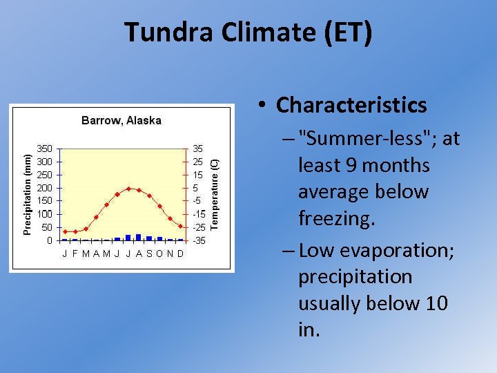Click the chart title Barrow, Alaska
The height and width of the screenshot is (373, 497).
coord(121,120)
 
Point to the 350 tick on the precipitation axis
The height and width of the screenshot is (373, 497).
coord(44,149)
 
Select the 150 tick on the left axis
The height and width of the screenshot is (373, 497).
coord(44,201)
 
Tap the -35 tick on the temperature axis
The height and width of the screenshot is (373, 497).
coord(199,241)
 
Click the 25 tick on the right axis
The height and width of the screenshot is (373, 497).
coord(198,162)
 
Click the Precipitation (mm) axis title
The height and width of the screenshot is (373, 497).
coord(27,194)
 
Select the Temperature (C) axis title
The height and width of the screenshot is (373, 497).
coord(215,193)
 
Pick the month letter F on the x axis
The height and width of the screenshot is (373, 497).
coord(75,254)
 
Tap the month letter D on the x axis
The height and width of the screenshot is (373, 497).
coord(180,254)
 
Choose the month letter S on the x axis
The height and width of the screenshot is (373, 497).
coord(149,254)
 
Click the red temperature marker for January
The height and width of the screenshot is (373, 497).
coord(65,231)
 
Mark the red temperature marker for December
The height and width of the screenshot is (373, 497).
coord(181,226)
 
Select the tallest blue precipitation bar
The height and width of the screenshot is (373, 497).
coord(139,237)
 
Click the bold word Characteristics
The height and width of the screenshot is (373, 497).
coord(351,105)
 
